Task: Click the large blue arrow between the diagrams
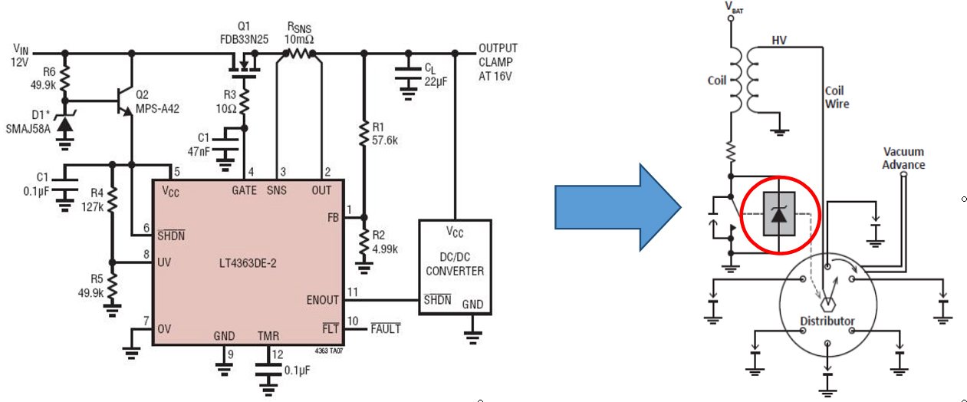[617, 207]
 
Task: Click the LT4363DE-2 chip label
[248, 263]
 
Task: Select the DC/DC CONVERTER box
[455, 267]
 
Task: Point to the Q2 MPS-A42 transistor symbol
[124, 101]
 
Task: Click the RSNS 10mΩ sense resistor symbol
[299, 54]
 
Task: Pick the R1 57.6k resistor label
[385, 133]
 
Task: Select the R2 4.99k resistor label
[385, 242]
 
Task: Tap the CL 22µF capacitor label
[436, 74]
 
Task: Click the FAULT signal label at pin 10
[386, 328]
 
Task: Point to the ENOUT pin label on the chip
[323, 300]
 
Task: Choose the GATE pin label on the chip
[244, 190]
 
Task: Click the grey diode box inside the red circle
[779, 214]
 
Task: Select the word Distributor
[827, 321]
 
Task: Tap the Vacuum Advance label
[903, 158]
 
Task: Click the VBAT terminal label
[734, 7]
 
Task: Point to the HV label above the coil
[779, 41]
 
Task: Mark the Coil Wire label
[837, 97]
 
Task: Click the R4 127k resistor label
[92, 200]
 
